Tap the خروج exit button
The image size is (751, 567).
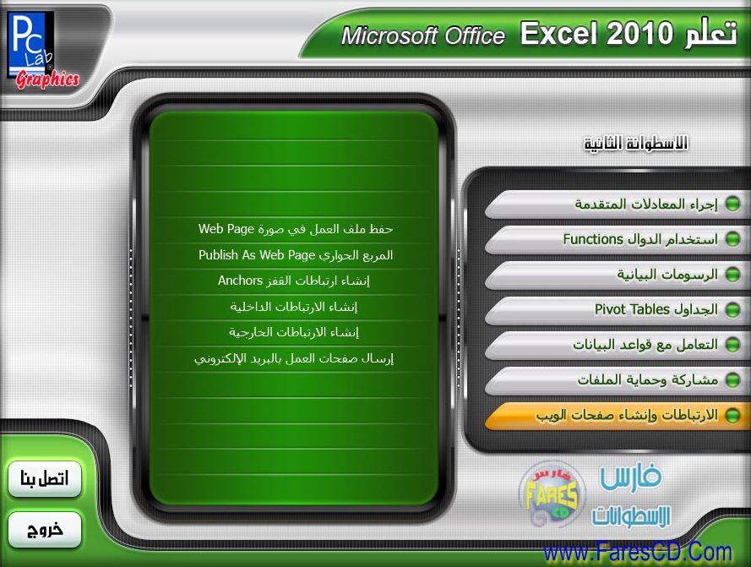click(45, 529)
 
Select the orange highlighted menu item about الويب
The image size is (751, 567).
click(617, 416)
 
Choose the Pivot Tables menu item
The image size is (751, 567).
click(617, 309)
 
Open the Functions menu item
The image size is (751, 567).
click(617, 239)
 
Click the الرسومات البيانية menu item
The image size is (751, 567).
click(617, 275)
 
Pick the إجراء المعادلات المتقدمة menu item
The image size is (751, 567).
click(617, 204)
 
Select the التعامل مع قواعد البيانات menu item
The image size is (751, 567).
click(617, 345)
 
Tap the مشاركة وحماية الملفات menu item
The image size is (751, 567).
click(617, 380)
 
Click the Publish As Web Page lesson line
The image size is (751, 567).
click(296, 255)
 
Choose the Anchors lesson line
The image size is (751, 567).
click(294, 281)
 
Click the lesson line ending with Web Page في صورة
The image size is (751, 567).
click(296, 229)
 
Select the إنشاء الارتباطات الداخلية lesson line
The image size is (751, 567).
click(294, 307)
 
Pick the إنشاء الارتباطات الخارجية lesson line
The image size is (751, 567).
click(294, 332)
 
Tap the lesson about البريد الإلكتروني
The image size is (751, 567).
click(294, 358)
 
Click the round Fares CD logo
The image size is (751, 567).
click(552, 493)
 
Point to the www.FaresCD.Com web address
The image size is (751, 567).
click(638, 553)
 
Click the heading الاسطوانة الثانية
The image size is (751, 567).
click(635, 143)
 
